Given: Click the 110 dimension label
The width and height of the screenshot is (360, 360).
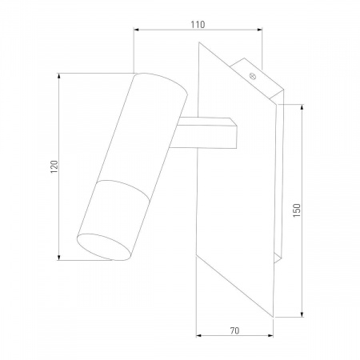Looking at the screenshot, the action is point(198,25).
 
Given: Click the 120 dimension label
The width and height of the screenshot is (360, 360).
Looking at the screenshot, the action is point(54,166).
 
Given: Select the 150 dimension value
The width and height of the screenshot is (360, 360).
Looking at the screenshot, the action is point(297,210).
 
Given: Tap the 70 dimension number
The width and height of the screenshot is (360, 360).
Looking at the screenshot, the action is point(234,330).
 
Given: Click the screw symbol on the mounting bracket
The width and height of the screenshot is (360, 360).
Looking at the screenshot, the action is point(253,76).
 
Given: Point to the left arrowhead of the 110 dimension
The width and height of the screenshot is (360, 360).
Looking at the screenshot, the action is point(137,30).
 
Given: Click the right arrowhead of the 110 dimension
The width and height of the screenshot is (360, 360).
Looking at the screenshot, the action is point(259,30).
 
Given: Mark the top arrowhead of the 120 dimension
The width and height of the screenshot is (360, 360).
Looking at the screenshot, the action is point(59,76).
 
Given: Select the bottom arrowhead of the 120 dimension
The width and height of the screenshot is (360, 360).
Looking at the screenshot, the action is point(59,257).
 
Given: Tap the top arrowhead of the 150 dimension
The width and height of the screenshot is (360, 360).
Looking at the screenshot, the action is point(302,107).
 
